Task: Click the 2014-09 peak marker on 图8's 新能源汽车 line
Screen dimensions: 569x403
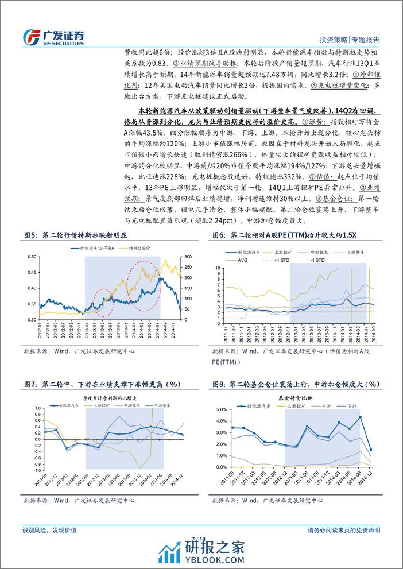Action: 361,417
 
